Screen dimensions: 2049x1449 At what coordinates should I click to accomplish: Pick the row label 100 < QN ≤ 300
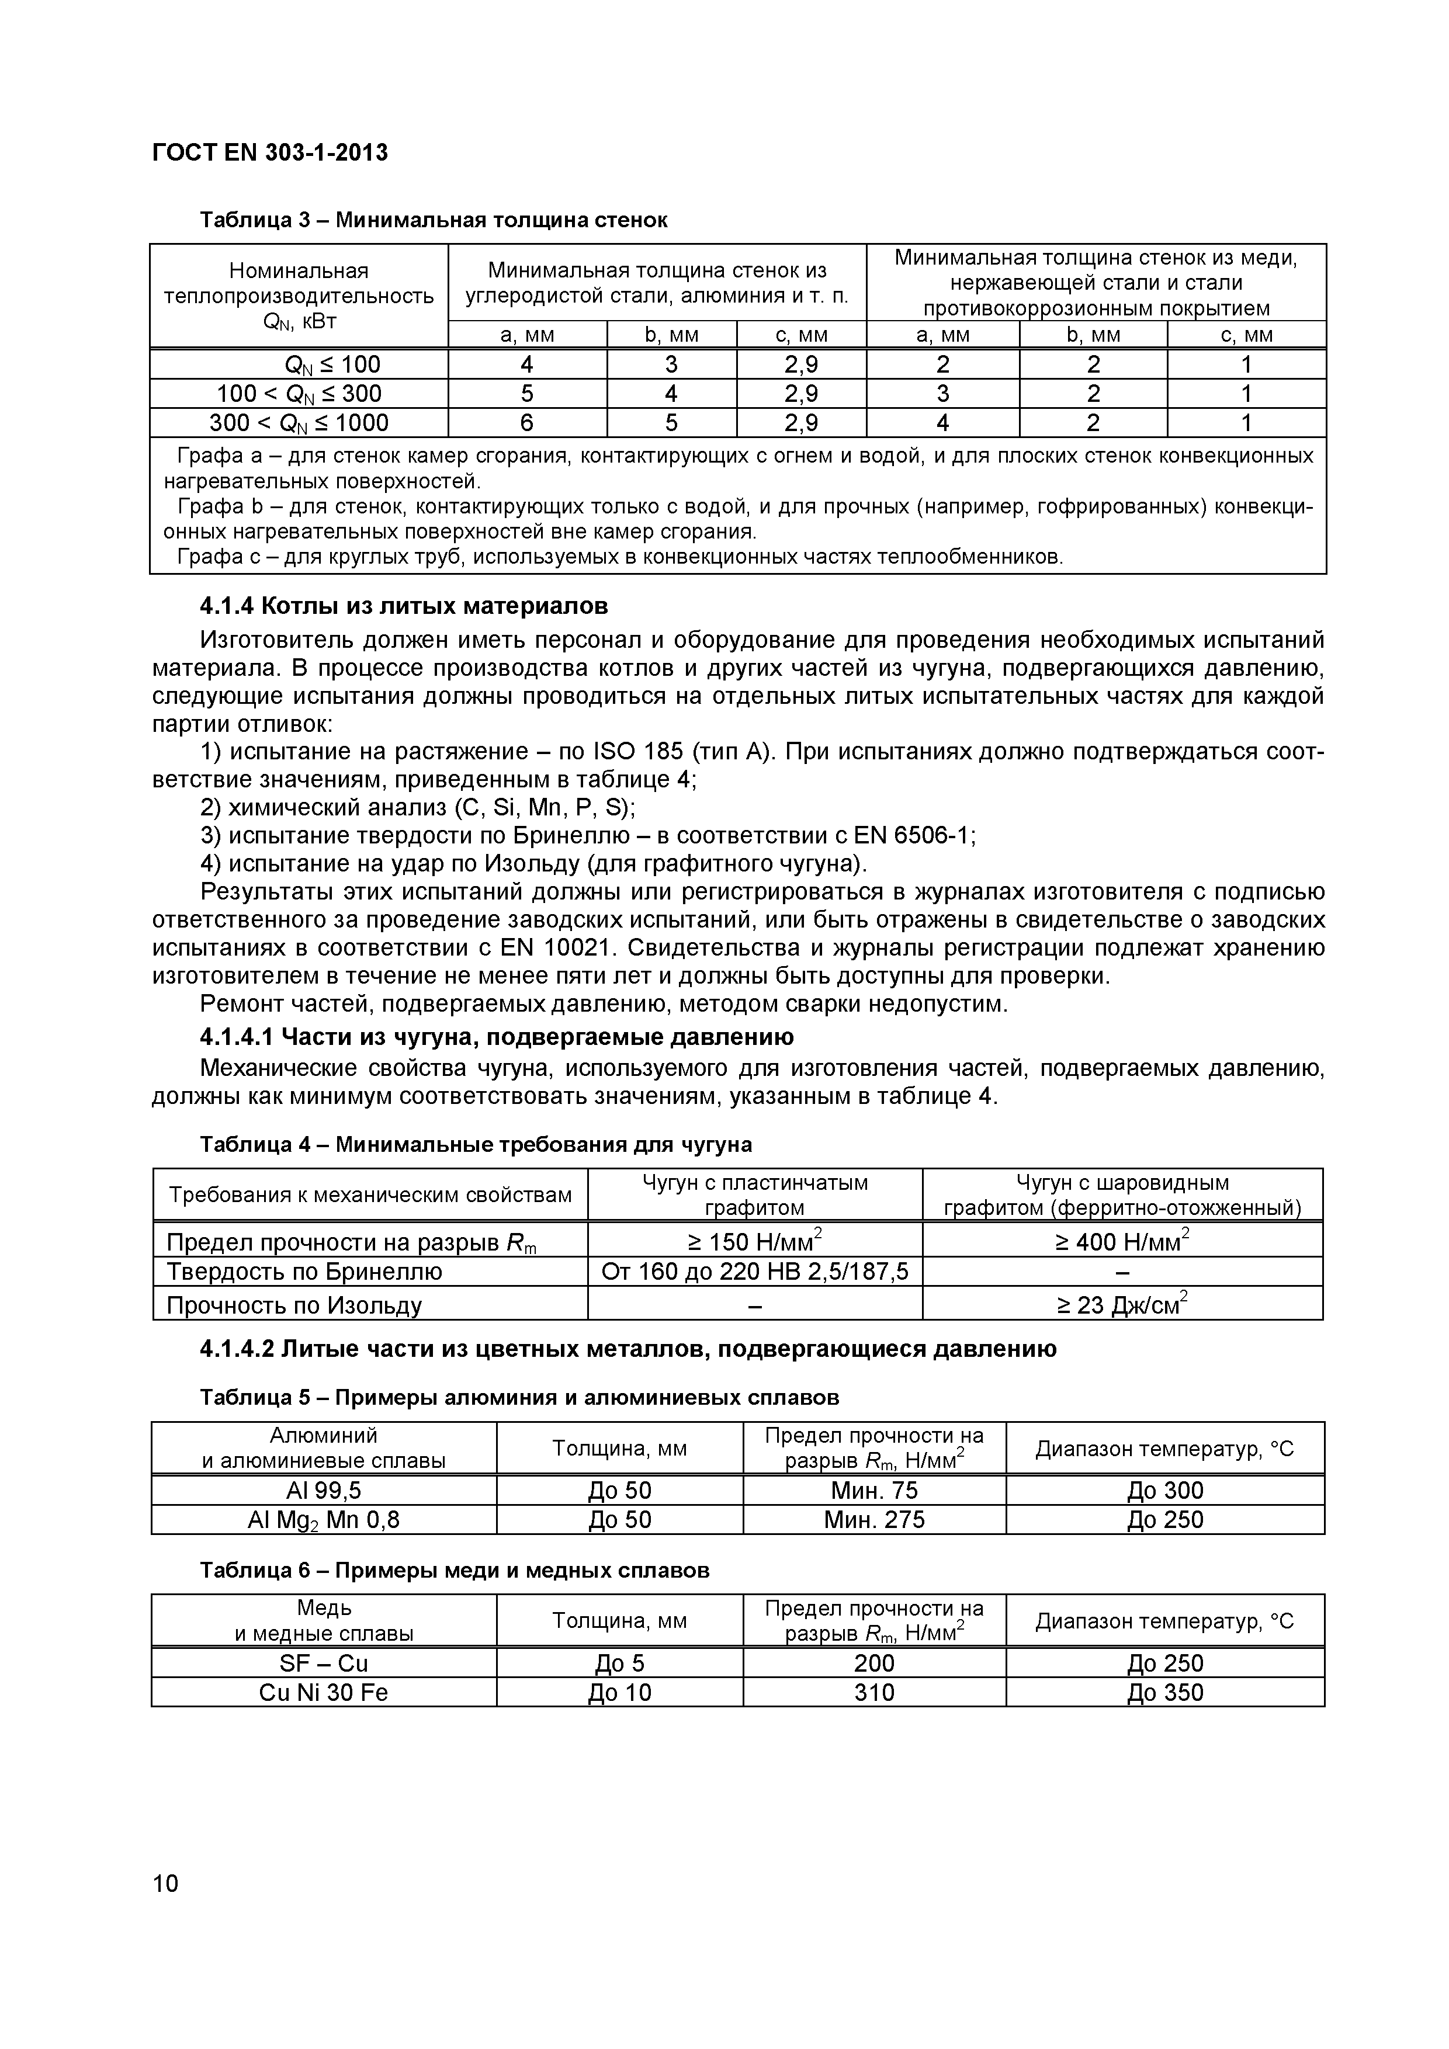299,394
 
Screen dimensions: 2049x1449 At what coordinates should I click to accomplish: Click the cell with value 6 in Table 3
527,422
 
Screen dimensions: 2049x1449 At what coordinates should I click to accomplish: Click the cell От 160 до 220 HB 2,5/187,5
754,1271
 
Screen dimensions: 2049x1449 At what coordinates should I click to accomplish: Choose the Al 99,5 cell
323,1491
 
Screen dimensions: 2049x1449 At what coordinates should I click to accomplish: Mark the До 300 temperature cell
1164,1491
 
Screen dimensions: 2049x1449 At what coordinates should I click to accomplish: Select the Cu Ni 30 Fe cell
323,1692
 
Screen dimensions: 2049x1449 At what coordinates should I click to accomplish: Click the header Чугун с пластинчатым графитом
754,1194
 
